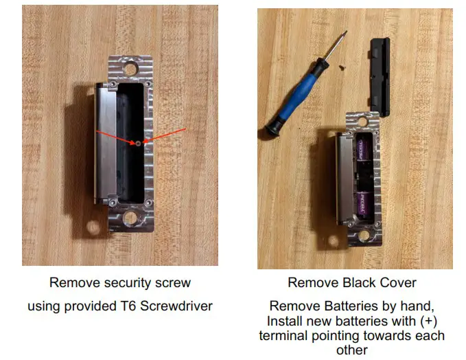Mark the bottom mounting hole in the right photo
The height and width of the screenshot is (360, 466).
point(364,236)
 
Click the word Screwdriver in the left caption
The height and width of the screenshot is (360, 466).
point(180,306)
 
